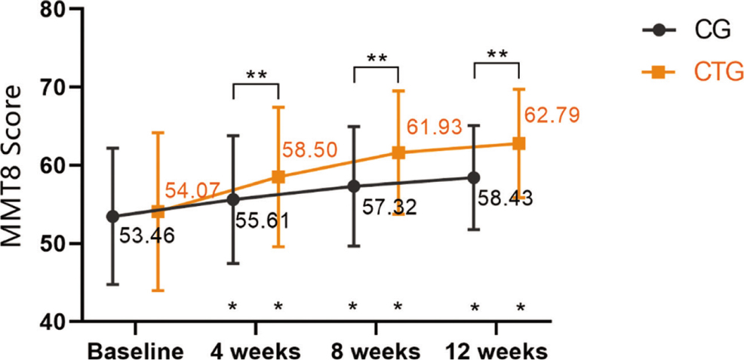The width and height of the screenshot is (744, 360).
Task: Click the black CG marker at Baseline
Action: click(x=112, y=217)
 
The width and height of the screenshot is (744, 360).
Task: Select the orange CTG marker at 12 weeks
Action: click(x=519, y=143)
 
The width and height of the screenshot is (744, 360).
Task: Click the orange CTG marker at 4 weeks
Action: click(x=278, y=177)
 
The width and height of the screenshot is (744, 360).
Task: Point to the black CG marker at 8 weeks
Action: click(x=353, y=186)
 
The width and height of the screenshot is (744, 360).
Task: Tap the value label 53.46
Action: click(x=148, y=236)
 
